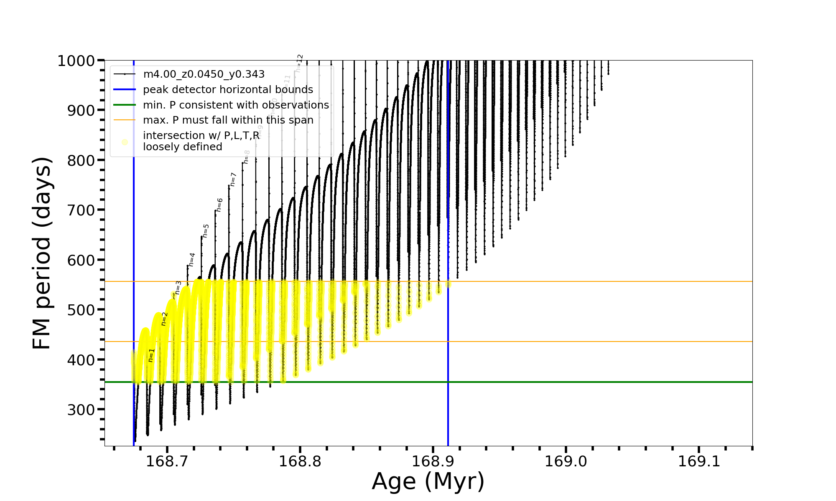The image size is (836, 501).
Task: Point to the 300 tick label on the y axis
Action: [81, 410]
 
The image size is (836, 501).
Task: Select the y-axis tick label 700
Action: [81, 210]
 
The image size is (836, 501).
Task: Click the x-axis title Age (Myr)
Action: [428, 481]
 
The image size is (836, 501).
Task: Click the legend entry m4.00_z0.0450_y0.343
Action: [204, 74]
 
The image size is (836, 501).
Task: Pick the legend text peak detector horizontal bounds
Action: [228, 90]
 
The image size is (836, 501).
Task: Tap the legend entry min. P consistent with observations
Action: [236, 105]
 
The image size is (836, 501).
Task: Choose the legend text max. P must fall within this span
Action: [228, 120]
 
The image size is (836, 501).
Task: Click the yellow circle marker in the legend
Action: [125, 142]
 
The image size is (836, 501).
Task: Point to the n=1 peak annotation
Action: [151, 355]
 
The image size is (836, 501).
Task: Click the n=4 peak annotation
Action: [192, 259]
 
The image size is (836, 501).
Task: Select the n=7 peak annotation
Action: [233, 179]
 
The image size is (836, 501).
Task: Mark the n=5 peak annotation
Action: [206, 230]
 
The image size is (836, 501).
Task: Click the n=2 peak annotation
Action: [164, 319]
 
